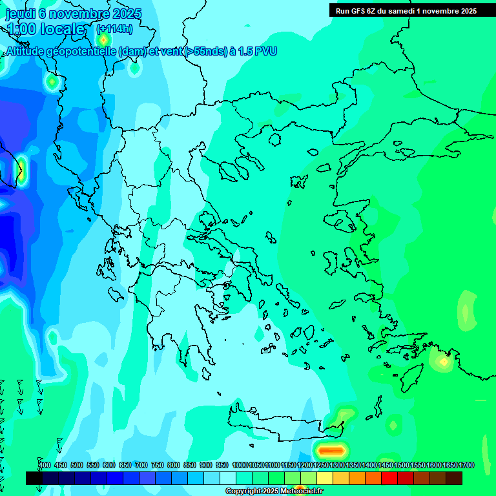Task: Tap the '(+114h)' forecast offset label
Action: [114, 28]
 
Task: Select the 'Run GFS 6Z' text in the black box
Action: [355, 11]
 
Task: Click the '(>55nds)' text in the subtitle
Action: [205, 52]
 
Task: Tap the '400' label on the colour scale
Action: [45, 466]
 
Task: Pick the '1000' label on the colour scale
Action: [240, 466]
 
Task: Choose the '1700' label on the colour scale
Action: [466, 466]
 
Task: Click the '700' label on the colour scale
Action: [141, 466]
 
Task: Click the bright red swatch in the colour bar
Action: [389, 478]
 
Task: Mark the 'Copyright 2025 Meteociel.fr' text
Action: [274, 491]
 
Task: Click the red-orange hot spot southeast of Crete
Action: [330, 449]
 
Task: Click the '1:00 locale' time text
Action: [45, 29]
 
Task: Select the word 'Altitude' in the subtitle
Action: [26, 52]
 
